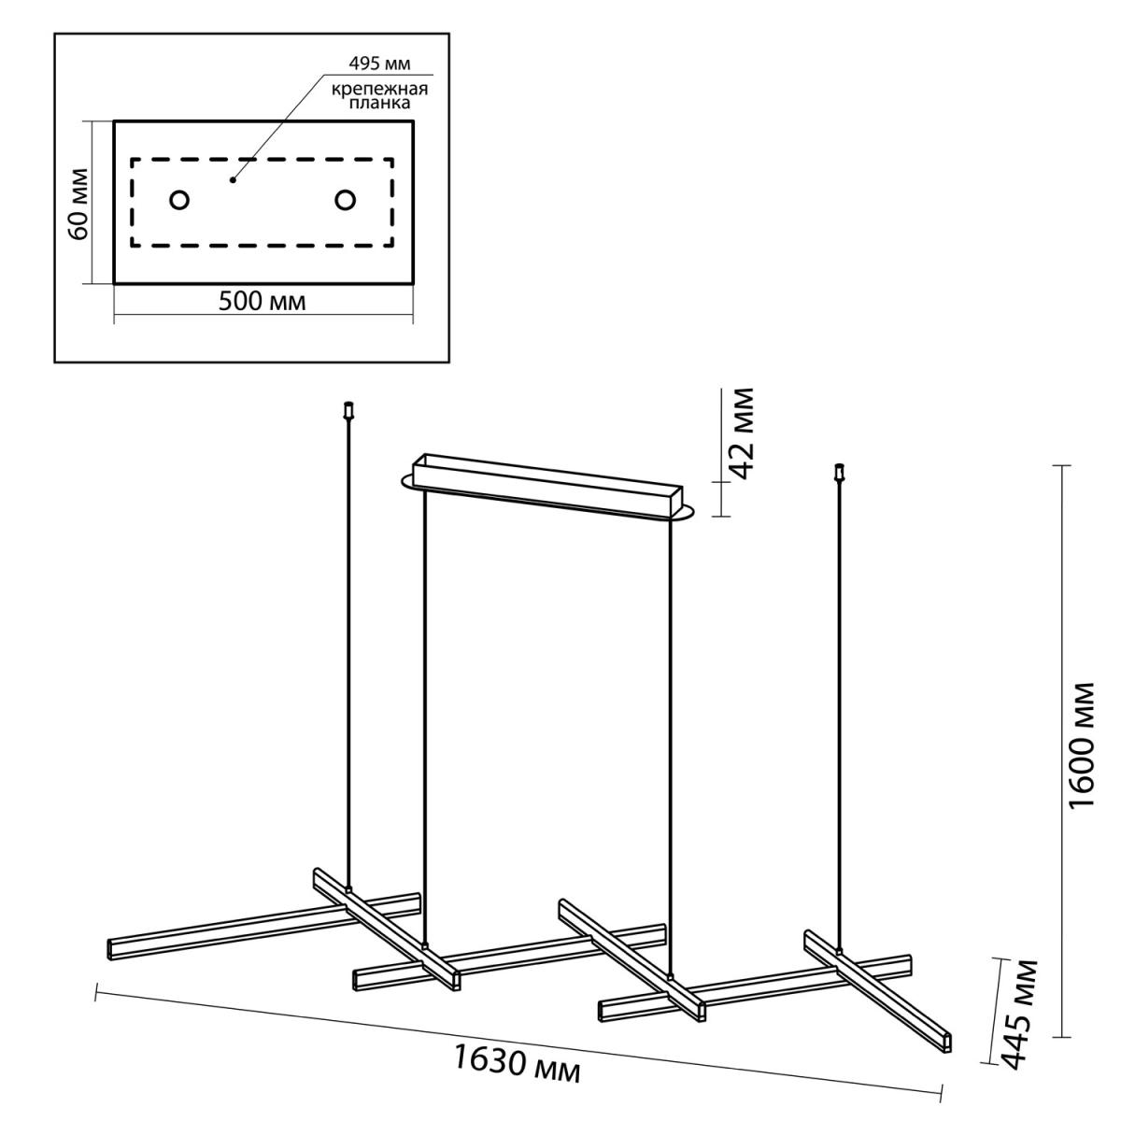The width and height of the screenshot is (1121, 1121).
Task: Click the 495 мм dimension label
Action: pyautogui.click(x=379, y=64)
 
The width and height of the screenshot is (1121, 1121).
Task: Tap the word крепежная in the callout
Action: pyautogui.click(x=379, y=90)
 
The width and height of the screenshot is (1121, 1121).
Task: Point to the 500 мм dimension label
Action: pyautogui.click(x=262, y=302)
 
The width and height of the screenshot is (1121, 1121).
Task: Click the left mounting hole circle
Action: pyautogui.click(x=179, y=200)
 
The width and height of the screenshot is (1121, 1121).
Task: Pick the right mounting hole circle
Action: pyautogui.click(x=345, y=200)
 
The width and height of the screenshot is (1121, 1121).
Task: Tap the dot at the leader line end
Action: pyautogui.click(x=232, y=179)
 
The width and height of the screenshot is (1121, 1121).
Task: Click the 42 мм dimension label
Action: pyautogui.click(x=743, y=433)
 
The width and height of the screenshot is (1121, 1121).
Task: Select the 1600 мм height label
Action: pyautogui.click(x=1082, y=745)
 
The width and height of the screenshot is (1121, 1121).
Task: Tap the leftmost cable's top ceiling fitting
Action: pyautogui.click(x=349, y=410)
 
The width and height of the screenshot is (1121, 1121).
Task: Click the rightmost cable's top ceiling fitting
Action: pyautogui.click(x=840, y=473)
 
